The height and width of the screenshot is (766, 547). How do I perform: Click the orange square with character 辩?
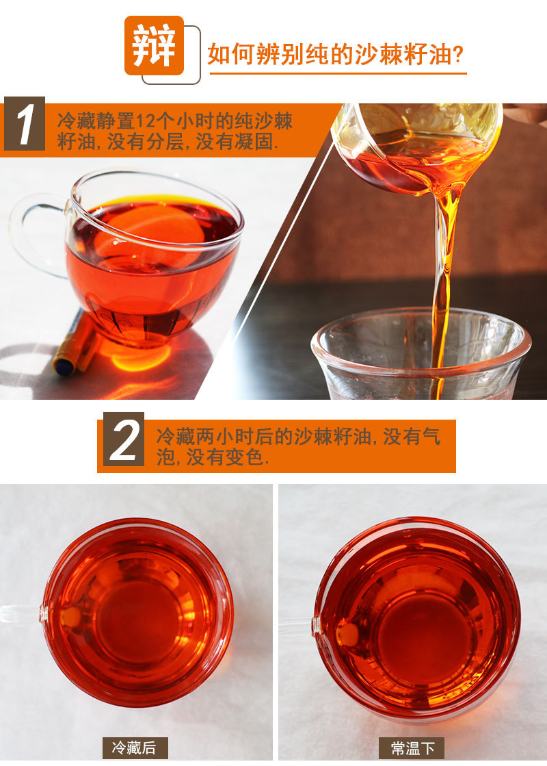pos(155,45)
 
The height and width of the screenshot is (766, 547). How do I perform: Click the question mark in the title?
pos(458,55)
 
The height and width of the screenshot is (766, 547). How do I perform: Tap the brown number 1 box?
pos(25,124)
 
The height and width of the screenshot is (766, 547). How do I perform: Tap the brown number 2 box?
pos(124,439)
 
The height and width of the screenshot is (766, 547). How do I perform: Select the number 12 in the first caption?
pos(144,120)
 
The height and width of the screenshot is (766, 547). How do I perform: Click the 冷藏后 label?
pos(135,748)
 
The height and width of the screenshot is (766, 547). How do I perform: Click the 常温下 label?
pos(412,748)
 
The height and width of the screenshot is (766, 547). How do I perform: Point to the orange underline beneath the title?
pos(338,73)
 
